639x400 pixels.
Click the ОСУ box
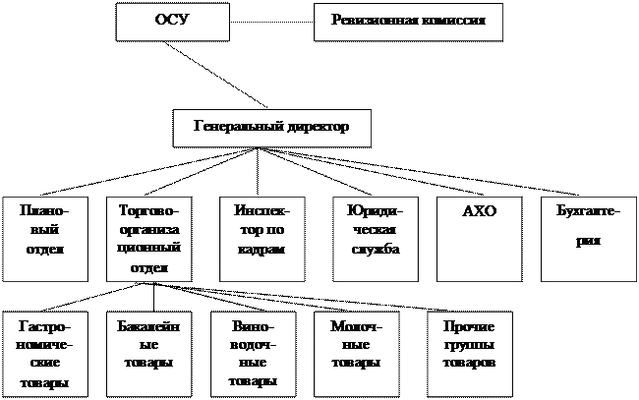(x=172, y=22)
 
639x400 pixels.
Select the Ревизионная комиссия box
(x=408, y=22)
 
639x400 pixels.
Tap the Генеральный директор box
(x=272, y=128)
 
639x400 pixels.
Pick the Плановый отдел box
(x=43, y=238)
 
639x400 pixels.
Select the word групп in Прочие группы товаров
(x=469, y=345)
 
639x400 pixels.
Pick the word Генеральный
(x=238, y=127)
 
